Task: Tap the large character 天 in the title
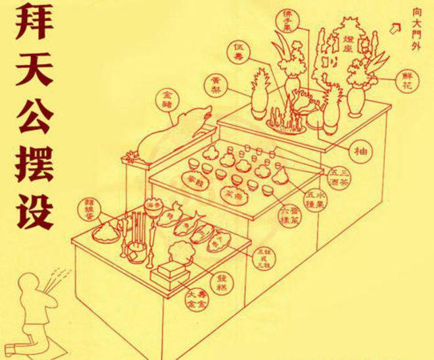[28, 77]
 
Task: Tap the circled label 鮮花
[402, 84]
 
